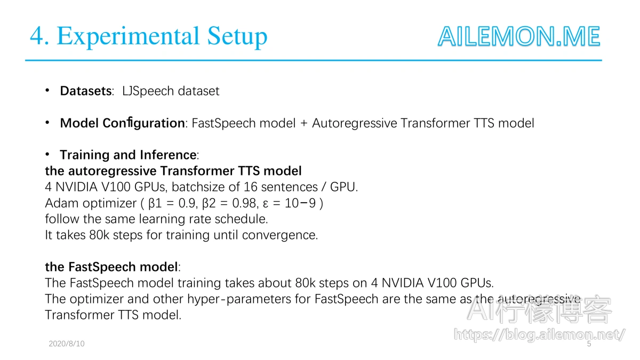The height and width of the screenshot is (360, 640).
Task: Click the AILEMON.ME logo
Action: pos(519,36)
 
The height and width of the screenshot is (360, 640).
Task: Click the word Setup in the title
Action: pos(237,37)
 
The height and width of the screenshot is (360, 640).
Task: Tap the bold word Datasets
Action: pos(86,91)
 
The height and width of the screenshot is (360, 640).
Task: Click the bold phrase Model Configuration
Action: pos(122,123)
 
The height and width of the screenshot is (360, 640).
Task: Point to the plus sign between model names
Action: pos(303,123)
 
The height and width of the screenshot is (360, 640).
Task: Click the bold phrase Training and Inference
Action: pos(128,155)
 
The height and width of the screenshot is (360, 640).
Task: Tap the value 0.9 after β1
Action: pos(187,203)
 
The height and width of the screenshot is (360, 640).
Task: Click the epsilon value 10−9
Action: pos(300,203)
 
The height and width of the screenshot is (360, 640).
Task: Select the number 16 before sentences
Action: pos(251,187)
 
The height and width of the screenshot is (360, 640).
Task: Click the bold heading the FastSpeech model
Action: pos(111,267)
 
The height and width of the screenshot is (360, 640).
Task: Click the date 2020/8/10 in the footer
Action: pos(67,343)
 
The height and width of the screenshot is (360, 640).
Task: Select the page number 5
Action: pos(589,344)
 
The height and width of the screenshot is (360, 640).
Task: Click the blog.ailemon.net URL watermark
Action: pos(539,335)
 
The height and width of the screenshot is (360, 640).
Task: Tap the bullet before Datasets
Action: pos(47,90)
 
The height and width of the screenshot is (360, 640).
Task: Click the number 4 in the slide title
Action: pos(37,36)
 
